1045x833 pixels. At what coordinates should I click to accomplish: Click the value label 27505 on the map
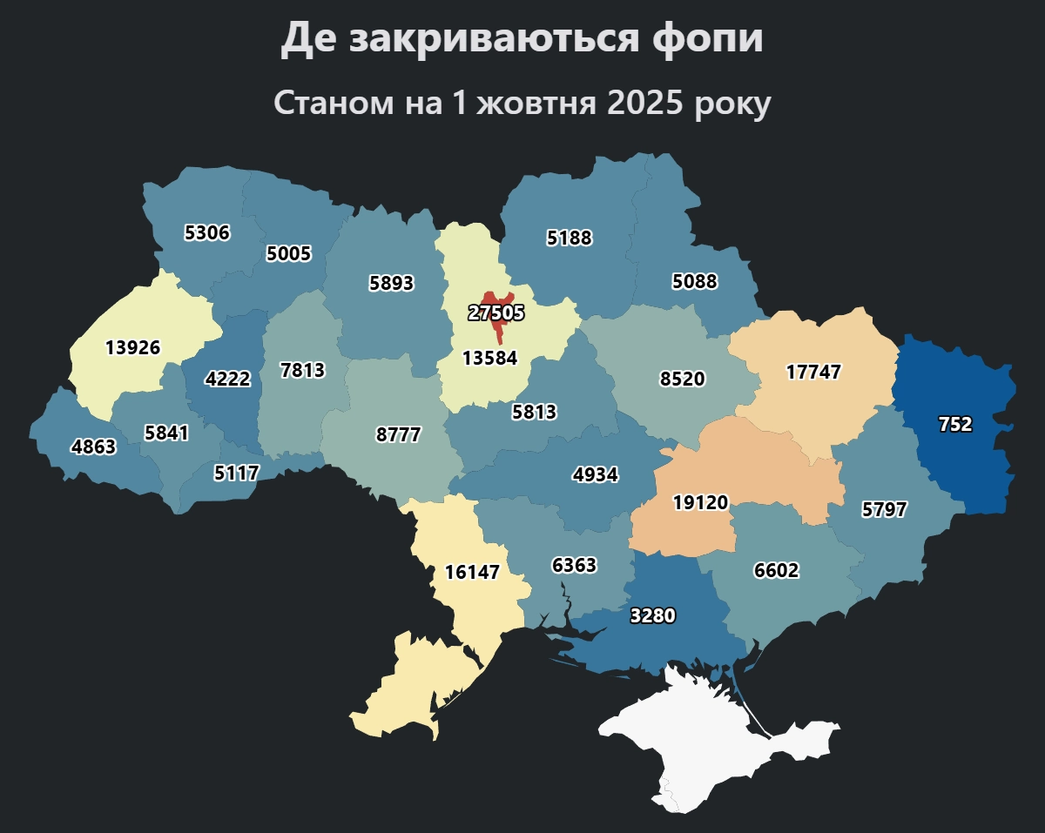[x=496, y=313]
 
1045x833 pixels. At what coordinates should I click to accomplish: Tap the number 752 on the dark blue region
[x=955, y=425]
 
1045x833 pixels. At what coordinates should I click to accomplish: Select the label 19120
[x=700, y=502]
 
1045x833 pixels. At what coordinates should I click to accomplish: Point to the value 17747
[x=813, y=373]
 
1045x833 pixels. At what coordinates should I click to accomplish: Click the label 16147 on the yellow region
[x=472, y=572]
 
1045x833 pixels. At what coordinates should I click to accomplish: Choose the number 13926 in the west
[x=132, y=347]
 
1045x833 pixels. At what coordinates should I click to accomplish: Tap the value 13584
[x=489, y=358]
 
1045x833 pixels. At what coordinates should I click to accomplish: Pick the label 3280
[x=652, y=615]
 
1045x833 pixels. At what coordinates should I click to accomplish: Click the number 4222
[x=227, y=380]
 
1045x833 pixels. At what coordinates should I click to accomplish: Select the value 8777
[x=398, y=435]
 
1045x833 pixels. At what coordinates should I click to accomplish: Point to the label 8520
[x=683, y=380]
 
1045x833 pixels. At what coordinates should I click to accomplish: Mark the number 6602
[x=776, y=571]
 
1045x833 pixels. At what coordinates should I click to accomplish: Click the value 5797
[x=884, y=510]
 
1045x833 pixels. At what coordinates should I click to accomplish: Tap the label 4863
[x=93, y=447]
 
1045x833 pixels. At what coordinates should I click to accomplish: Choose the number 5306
[x=207, y=232]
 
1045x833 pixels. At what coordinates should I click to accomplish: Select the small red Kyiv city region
[x=499, y=332]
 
